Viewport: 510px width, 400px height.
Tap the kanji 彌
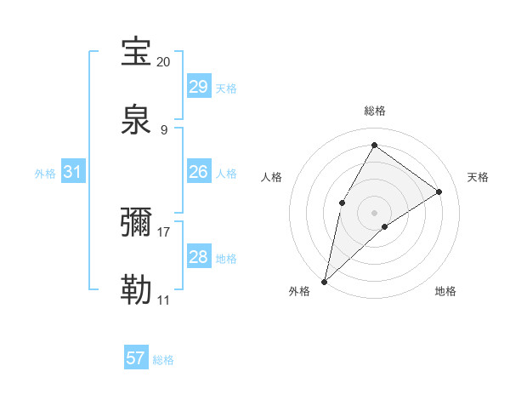coord(137,222)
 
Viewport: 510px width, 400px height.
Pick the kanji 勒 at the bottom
coord(137,290)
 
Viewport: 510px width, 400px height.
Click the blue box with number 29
coord(198,87)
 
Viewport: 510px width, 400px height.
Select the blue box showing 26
coord(198,172)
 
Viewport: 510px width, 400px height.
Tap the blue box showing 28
coord(198,257)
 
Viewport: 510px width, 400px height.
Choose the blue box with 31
coord(73,172)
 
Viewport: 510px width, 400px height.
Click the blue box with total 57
coord(136,358)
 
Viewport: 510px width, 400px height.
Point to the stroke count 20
coord(163,62)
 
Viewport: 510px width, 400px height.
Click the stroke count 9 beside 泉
coord(163,130)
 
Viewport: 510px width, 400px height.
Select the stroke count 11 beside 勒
coord(163,300)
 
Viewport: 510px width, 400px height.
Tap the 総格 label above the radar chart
coord(374,111)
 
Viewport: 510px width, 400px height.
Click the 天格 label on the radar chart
coord(478,177)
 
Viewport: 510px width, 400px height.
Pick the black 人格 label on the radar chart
coord(271,177)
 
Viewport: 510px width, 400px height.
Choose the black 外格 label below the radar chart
coord(299,292)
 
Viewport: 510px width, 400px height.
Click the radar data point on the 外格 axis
coord(324,281)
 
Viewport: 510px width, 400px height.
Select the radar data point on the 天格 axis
coord(439,191)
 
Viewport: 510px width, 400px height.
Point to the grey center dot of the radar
coord(374,212)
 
